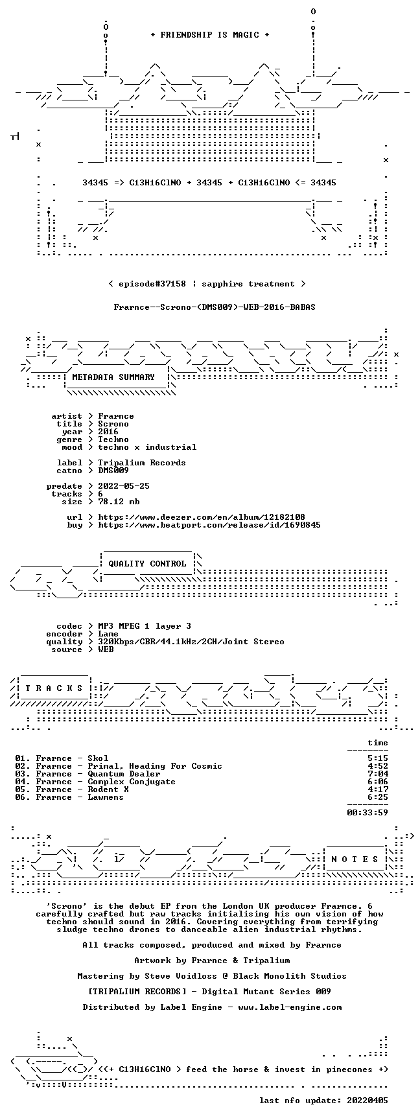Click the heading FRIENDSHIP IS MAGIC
pyautogui.click(x=209, y=35)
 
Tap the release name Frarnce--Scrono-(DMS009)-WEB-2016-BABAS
pyautogui.click(x=215, y=307)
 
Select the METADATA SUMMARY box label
pyautogui.click(x=113, y=377)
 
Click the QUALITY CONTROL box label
pyautogui.click(x=147, y=564)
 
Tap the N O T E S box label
pyautogui.click(x=355, y=859)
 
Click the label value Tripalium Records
pyautogui.click(x=142, y=463)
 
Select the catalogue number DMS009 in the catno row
pyautogui.click(x=113, y=471)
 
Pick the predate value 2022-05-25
pyautogui.click(x=124, y=486)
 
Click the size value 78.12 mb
pyautogui.click(x=119, y=502)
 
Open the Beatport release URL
pyautogui.click(x=209, y=525)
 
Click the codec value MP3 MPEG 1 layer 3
pyautogui.click(x=145, y=626)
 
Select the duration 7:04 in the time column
pyautogui.click(x=378, y=774)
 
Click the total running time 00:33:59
pyautogui.click(x=367, y=813)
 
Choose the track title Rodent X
pyautogui.click(x=108, y=789)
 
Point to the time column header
pyautogui.click(x=378, y=743)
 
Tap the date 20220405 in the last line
pyautogui.click(x=367, y=1101)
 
